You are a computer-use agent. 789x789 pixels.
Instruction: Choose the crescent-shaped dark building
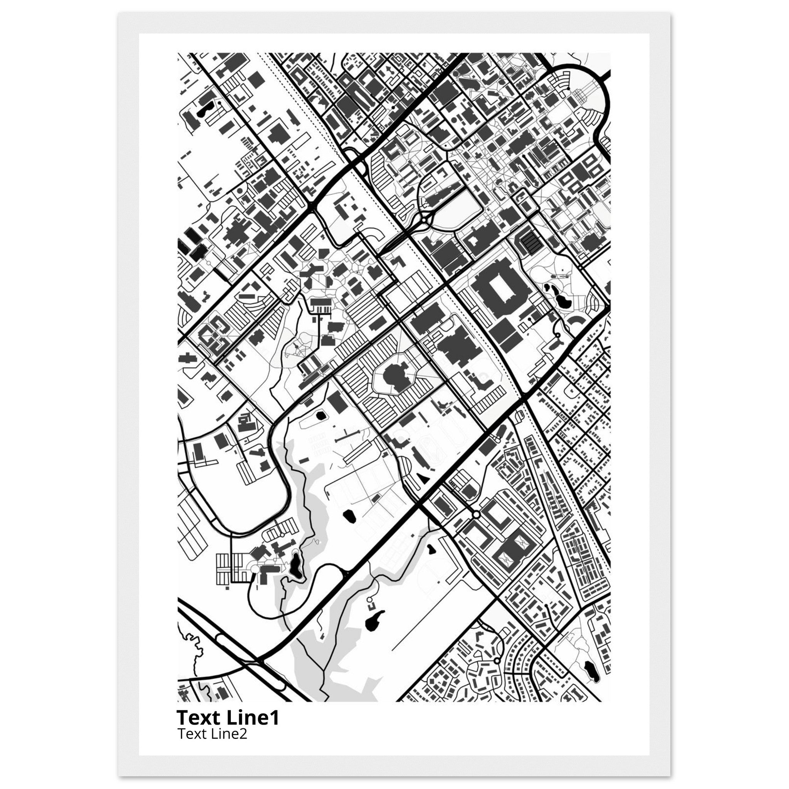pyautogui.click(x=577, y=321)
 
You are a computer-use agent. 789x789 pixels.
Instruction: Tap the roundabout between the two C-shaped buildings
pyautogui.click(x=476, y=515)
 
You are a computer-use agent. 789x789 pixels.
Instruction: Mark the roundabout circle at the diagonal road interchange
pyautogui.click(x=425, y=221)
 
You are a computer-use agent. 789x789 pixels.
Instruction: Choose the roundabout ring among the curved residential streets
pyautogui.click(x=497, y=661)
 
